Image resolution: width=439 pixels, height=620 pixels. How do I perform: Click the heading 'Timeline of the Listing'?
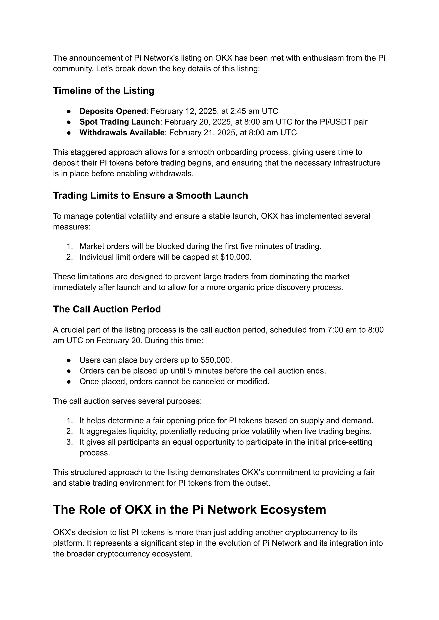tap(104, 90)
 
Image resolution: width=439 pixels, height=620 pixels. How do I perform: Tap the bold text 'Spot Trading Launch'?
tap(119, 122)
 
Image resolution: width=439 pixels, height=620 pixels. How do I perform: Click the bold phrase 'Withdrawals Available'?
tap(122, 133)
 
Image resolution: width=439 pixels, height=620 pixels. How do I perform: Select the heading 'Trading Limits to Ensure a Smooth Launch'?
tap(150, 195)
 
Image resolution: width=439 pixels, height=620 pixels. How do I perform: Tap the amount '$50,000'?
tap(216, 360)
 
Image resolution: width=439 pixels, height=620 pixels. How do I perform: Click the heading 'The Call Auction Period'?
tap(107, 309)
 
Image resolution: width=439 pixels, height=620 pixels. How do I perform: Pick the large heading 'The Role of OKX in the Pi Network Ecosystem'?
tap(189, 510)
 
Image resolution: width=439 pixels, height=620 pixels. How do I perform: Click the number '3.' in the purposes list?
tap(69, 442)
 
